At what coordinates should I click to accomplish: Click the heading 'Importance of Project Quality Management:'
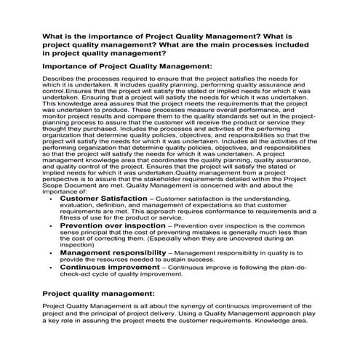(127, 66)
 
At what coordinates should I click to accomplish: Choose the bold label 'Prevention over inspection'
(113, 226)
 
